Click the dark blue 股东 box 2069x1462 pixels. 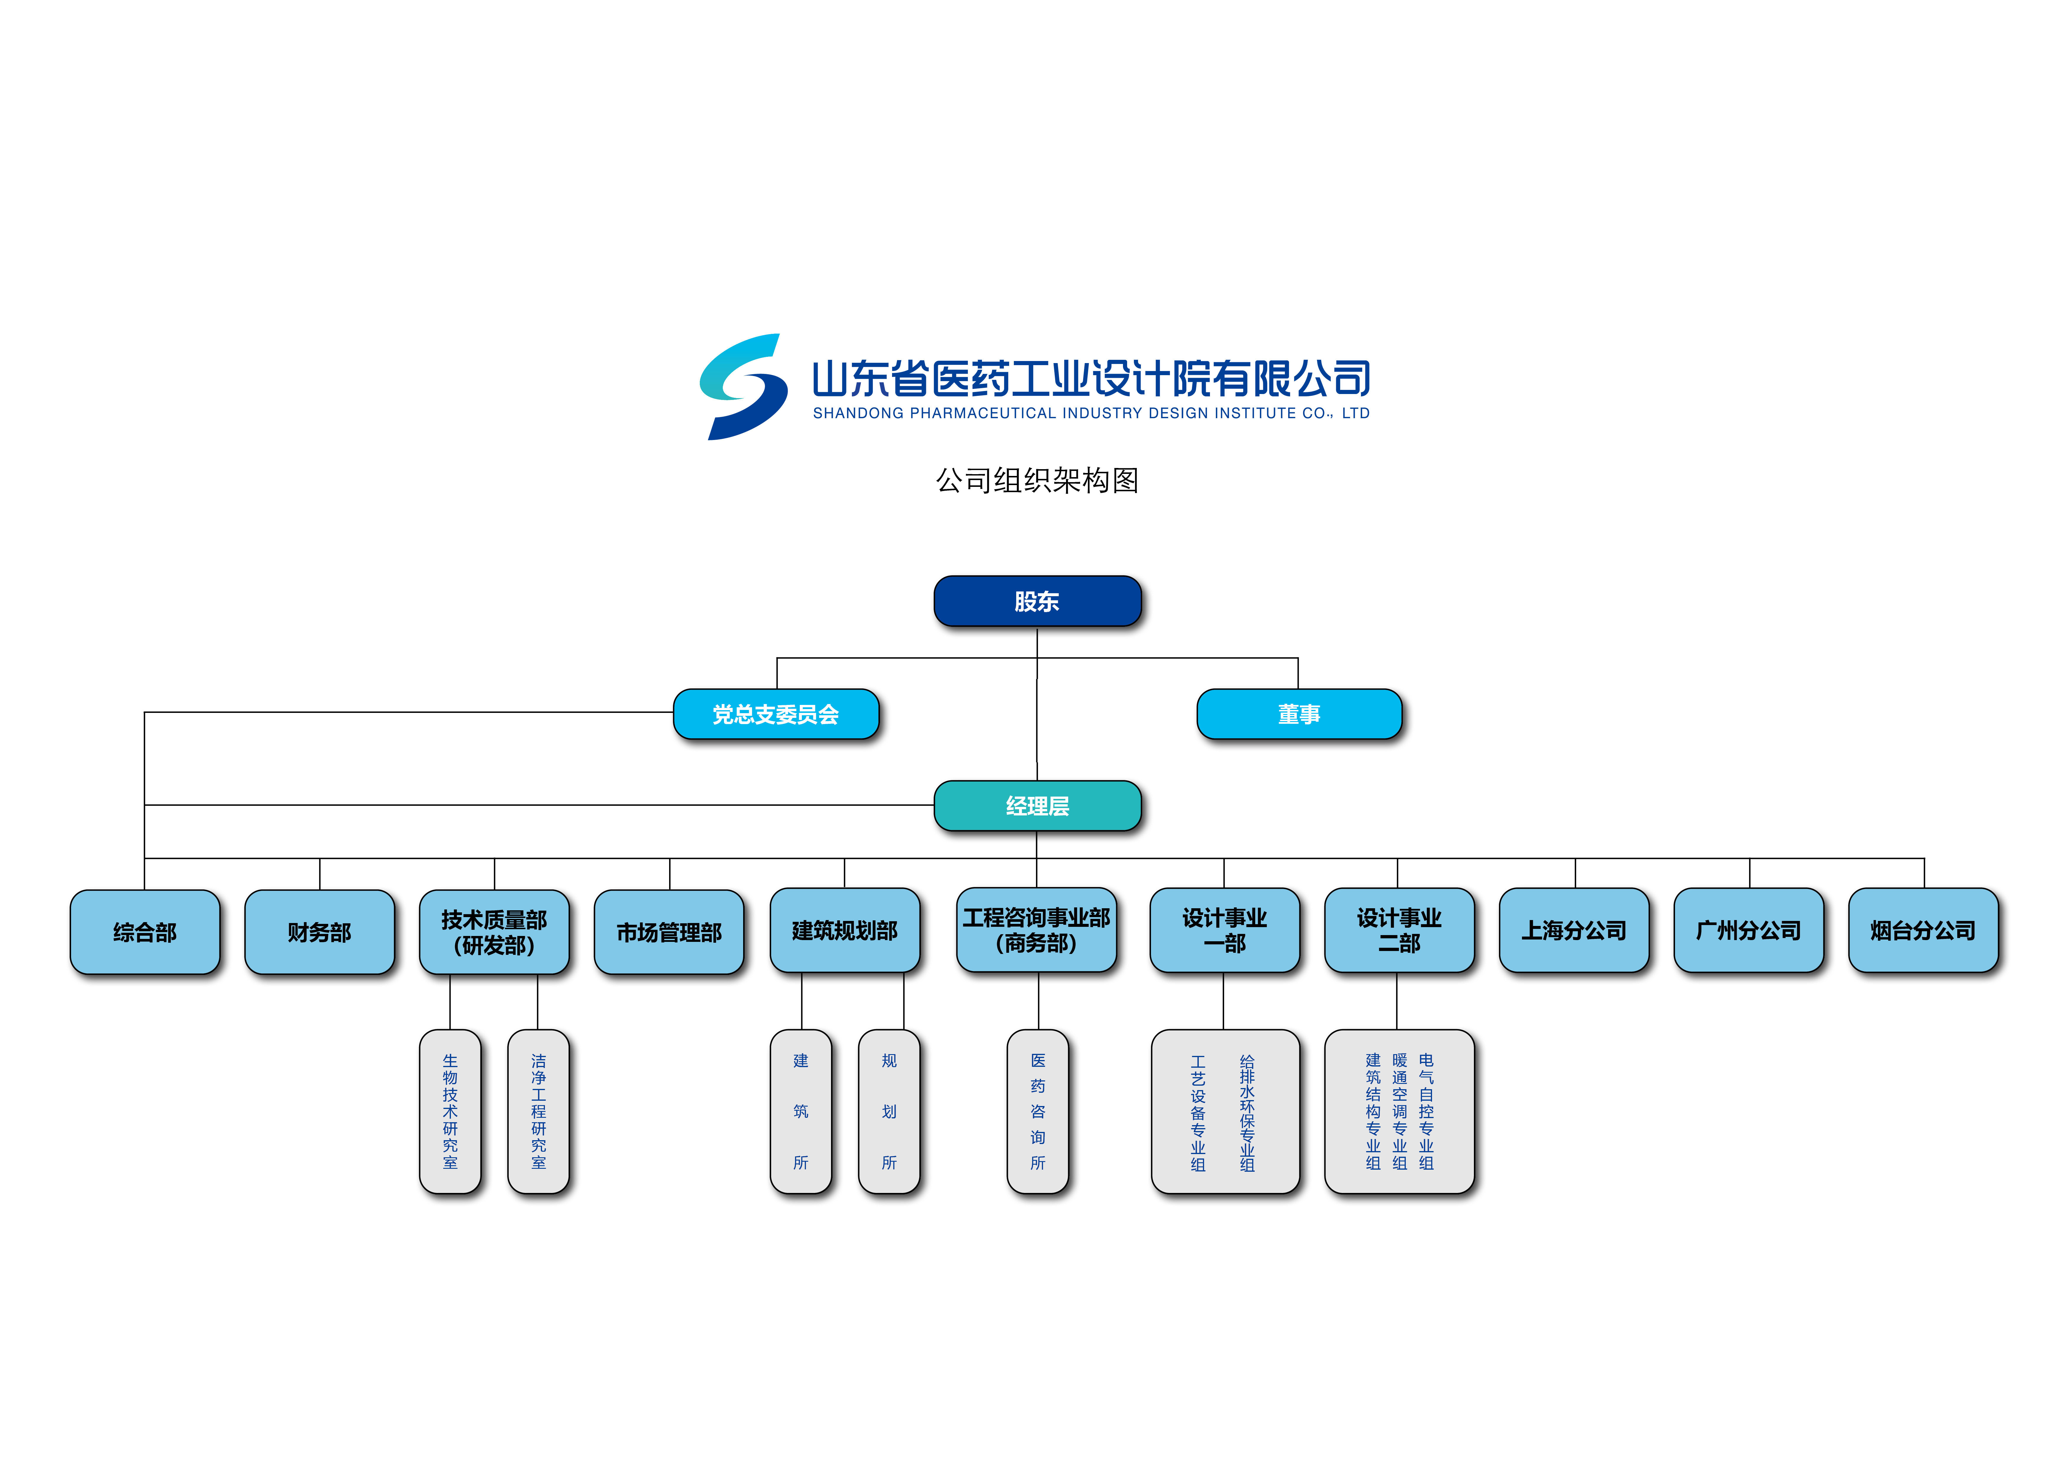[1037, 601]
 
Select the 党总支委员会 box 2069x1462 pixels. [776, 714]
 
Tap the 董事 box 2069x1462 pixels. [1298, 714]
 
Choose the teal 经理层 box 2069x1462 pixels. [1037, 805]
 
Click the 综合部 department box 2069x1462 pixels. [145, 932]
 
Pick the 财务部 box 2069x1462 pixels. [320, 932]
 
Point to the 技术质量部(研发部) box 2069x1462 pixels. [494, 932]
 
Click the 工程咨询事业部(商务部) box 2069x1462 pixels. [1036, 929]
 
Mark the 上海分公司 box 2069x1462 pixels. [1574, 929]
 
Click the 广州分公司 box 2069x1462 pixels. [1748, 929]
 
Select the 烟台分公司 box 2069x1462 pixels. [1923, 929]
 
